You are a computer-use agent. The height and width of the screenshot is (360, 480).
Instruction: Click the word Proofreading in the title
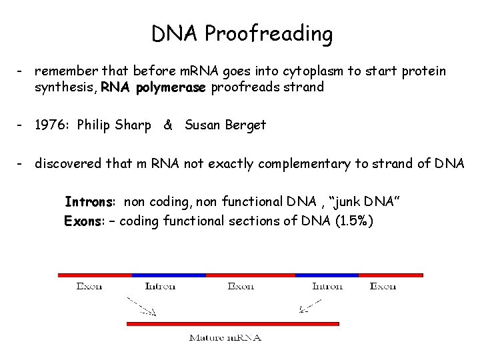coord(269,34)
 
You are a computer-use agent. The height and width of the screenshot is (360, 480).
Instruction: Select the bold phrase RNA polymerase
coord(154,87)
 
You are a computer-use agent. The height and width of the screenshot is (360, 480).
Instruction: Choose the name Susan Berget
coord(225,125)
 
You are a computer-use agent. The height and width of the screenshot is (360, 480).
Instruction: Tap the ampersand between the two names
coord(168,125)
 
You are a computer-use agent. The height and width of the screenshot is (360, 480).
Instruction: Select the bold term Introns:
coord(91,201)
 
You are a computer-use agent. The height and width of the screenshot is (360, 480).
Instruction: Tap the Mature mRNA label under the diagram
coord(225,337)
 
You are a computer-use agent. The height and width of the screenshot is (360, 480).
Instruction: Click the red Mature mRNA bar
coord(233,324)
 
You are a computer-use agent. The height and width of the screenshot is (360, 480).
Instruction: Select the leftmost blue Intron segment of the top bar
coord(169,275)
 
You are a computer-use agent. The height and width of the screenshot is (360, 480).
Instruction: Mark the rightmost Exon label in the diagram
coord(383,286)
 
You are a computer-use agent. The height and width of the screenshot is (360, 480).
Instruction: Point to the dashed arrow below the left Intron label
coord(141,307)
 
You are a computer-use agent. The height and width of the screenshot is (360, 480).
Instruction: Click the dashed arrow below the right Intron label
coord(310,306)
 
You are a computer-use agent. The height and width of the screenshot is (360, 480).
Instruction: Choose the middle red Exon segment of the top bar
coord(250,275)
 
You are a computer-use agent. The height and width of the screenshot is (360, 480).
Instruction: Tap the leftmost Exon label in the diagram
coord(89,286)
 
